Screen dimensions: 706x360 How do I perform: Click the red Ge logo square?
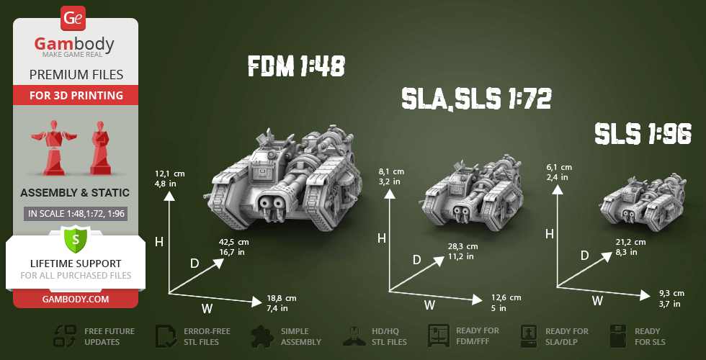click(x=73, y=17)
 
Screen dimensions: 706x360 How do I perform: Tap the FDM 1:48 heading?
click(x=296, y=66)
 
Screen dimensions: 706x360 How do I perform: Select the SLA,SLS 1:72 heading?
click(x=476, y=99)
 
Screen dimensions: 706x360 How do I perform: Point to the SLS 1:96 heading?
click(x=643, y=134)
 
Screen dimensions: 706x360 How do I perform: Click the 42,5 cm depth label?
click(x=233, y=242)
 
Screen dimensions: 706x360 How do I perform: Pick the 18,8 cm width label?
click(x=282, y=298)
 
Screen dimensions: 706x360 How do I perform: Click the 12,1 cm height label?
click(x=170, y=174)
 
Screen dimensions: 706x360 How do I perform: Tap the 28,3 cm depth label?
click(x=463, y=246)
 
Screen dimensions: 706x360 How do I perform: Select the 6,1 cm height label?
click(x=559, y=167)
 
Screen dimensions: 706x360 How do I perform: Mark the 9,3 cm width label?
click(x=671, y=294)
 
